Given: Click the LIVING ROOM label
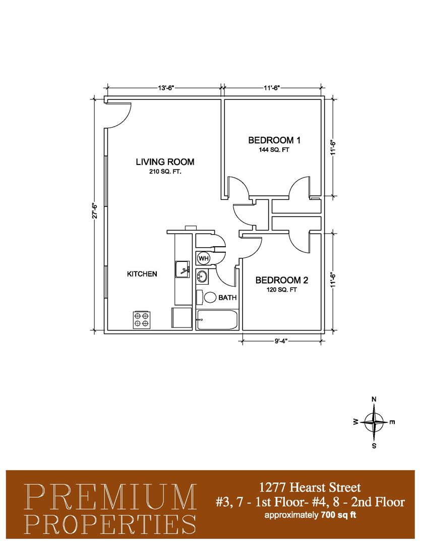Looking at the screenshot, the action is [x=165, y=161].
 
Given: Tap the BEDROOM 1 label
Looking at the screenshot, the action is [x=274, y=140].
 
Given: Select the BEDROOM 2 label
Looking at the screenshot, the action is [x=282, y=280].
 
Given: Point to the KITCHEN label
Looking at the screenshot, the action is [x=142, y=274].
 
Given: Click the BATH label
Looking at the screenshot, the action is [x=227, y=298].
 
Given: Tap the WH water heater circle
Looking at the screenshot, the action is [x=203, y=258].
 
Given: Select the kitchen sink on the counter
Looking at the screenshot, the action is [x=182, y=269].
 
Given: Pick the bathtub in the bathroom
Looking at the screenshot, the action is [x=217, y=319].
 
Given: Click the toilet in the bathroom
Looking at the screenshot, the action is [x=206, y=297].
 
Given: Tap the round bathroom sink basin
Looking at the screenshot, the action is [x=202, y=277].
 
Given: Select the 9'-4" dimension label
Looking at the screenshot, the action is [x=281, y=341].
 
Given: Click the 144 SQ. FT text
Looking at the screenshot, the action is [x=274, y=150].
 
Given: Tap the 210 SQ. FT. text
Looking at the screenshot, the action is [x=165, y=172].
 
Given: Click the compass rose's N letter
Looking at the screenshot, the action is [x=374, y=399].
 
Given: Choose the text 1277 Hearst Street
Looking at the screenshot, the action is [x=310, y=487].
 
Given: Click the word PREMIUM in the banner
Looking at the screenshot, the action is [x=110, y=498].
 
